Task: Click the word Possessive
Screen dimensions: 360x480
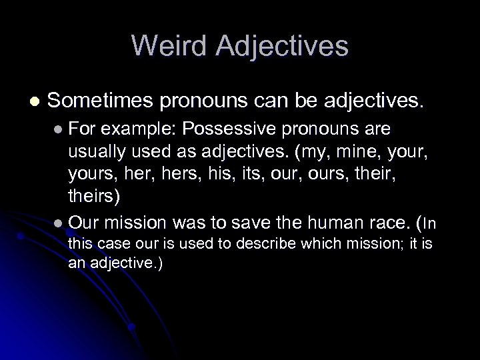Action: [238, 127]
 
